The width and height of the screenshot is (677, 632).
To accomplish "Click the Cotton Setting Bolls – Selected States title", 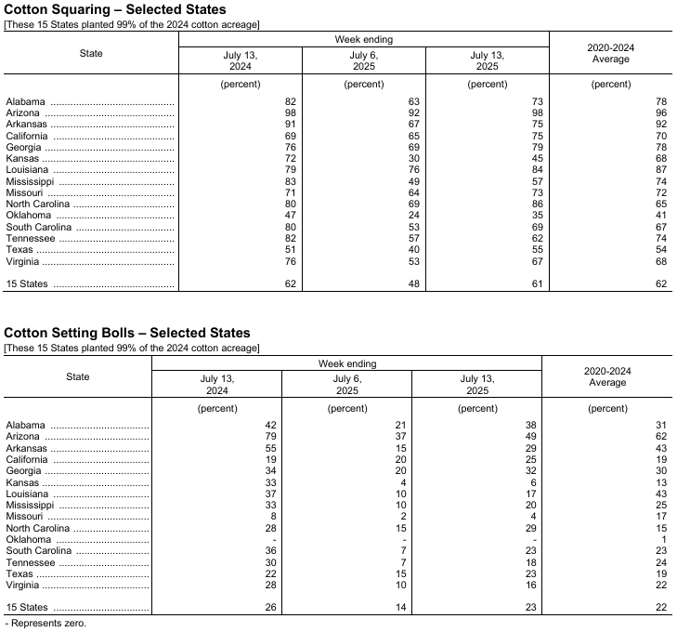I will (x=127, y=333).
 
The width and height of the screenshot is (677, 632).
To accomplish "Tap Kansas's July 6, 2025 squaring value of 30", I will (x=412, y=158).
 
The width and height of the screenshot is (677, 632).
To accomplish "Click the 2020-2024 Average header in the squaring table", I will (x=610, y=53).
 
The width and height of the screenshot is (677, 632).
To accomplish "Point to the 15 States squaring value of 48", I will (x=412, y=283).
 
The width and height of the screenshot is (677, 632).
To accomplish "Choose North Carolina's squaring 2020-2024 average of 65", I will (x=661, y=204).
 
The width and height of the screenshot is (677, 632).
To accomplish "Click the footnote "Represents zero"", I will (x=47, y=623).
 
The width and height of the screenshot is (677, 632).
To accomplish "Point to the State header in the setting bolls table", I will (x=78, y=376).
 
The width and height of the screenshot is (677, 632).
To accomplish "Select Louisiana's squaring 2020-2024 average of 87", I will (x=661, y=169).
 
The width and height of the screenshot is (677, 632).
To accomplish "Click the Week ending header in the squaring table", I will (x=363, y=39).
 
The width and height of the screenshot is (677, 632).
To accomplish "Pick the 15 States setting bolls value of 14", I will (x=397, y=607).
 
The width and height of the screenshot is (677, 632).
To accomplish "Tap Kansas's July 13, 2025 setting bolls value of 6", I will (x=530, y=481).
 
